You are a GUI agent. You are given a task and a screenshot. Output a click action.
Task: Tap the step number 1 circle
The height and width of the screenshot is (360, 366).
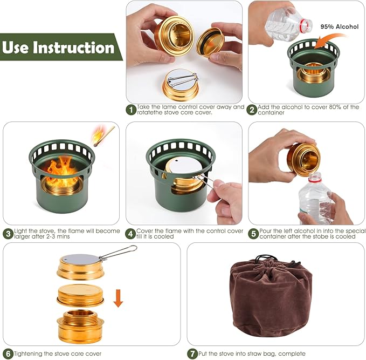pos(131,110)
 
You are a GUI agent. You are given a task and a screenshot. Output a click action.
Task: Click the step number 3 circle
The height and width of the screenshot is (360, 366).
pos(8,234)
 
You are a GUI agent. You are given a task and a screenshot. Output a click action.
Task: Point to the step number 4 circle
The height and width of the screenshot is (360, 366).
pos(131,234)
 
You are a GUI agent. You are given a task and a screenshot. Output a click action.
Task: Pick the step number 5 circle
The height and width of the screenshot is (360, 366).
pos(253,234)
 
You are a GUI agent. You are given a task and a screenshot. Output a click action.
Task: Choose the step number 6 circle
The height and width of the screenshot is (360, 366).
pos(8,354)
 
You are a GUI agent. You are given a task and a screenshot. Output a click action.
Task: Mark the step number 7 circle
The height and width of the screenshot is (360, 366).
pos(192,354)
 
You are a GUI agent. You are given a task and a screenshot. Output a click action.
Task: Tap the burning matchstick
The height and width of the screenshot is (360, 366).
pos(103,135)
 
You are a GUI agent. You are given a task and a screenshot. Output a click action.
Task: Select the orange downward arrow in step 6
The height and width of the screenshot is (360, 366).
pos(118,297)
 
